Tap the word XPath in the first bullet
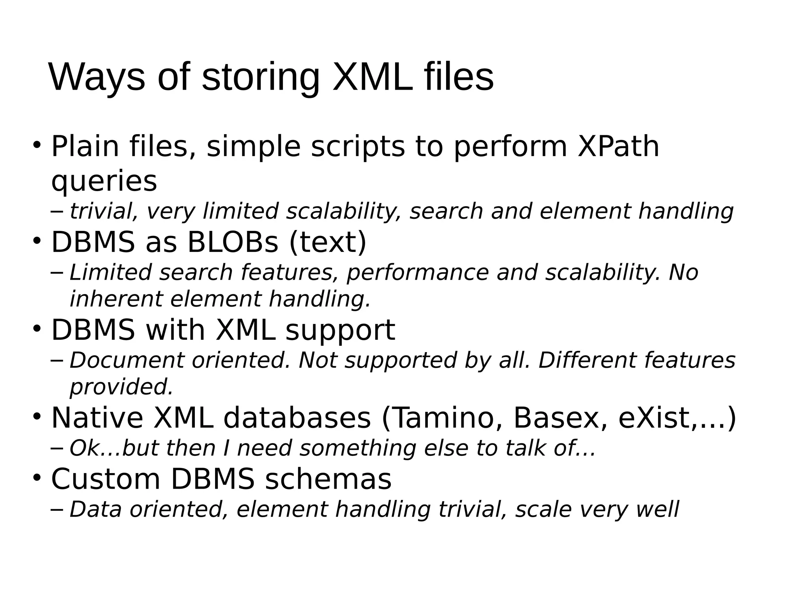[x=618, y=147]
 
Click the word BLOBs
[x=233, y=243]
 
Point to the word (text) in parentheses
[x=327, y=243]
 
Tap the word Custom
[x=106, y=479]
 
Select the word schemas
[x=328, y=479]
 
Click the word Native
[x=97, y=418]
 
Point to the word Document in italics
[x=126, y=360]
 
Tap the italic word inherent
[x=116, y=299]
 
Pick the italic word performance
[x=417, y=273]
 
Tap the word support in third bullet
[x=340, y=331]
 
